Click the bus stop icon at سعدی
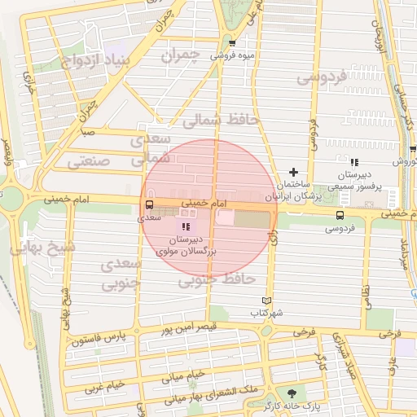(149, 206)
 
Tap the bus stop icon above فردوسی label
(340, 216)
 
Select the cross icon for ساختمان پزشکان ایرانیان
(293, 172)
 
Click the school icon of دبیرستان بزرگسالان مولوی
(187, 227)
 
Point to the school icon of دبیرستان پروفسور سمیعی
(353, 163)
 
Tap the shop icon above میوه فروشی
(233, 44)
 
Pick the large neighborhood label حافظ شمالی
(220, 121)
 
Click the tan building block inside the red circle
(251, 219)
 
